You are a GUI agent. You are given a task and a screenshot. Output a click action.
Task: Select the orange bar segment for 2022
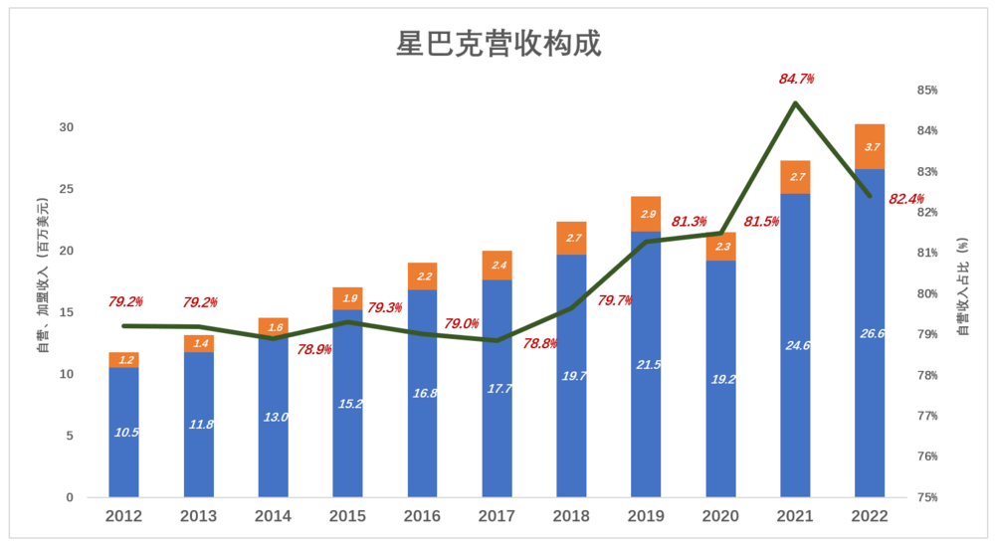[870, 146]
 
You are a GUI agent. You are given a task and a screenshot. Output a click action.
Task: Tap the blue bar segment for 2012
[124, 433]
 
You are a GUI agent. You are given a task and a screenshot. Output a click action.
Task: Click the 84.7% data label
[796, 79]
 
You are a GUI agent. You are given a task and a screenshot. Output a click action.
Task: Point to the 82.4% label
[906, 199]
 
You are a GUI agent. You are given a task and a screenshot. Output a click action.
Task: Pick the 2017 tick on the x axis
[497, 517]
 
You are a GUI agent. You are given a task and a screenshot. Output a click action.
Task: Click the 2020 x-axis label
[720, 517]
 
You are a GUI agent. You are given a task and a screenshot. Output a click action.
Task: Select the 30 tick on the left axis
[66, 127]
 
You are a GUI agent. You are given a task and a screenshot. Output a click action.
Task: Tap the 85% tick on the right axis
[927, 91]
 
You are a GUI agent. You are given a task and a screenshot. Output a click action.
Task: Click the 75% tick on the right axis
[927, 497]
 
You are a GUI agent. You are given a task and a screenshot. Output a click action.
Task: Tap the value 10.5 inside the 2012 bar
[124, 433]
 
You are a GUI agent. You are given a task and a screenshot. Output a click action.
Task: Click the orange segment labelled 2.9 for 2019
[646, 214]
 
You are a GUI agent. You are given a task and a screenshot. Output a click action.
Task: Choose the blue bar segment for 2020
[720, 378]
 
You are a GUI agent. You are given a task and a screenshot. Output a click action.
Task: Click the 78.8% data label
[539, 343]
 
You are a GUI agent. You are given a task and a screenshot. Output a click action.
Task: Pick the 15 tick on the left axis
[66, 312]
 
